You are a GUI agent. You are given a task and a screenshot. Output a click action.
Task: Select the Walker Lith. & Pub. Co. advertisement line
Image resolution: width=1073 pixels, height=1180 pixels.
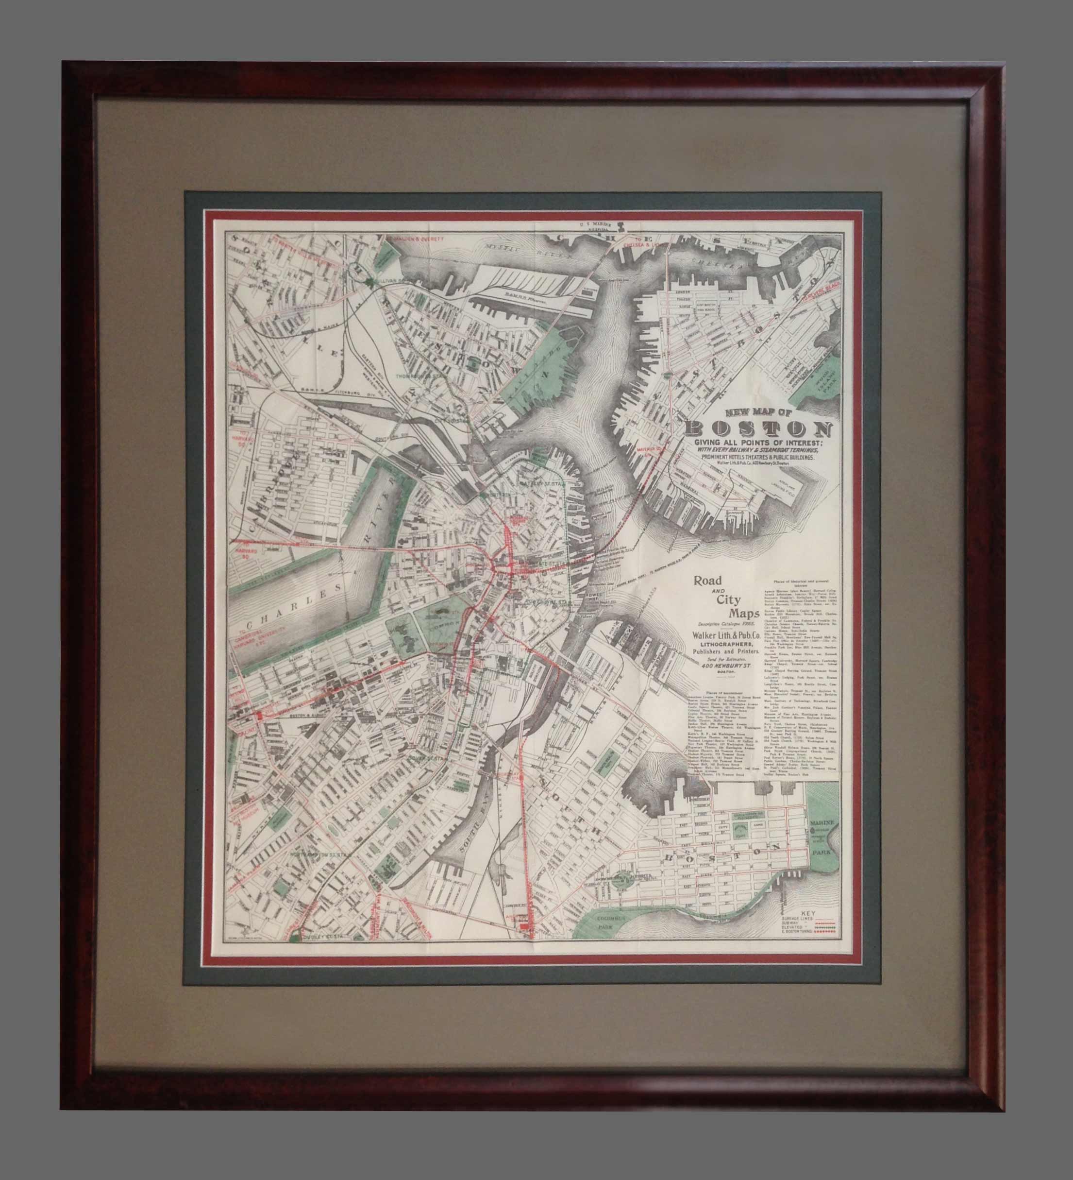click(x=726, y=634)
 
